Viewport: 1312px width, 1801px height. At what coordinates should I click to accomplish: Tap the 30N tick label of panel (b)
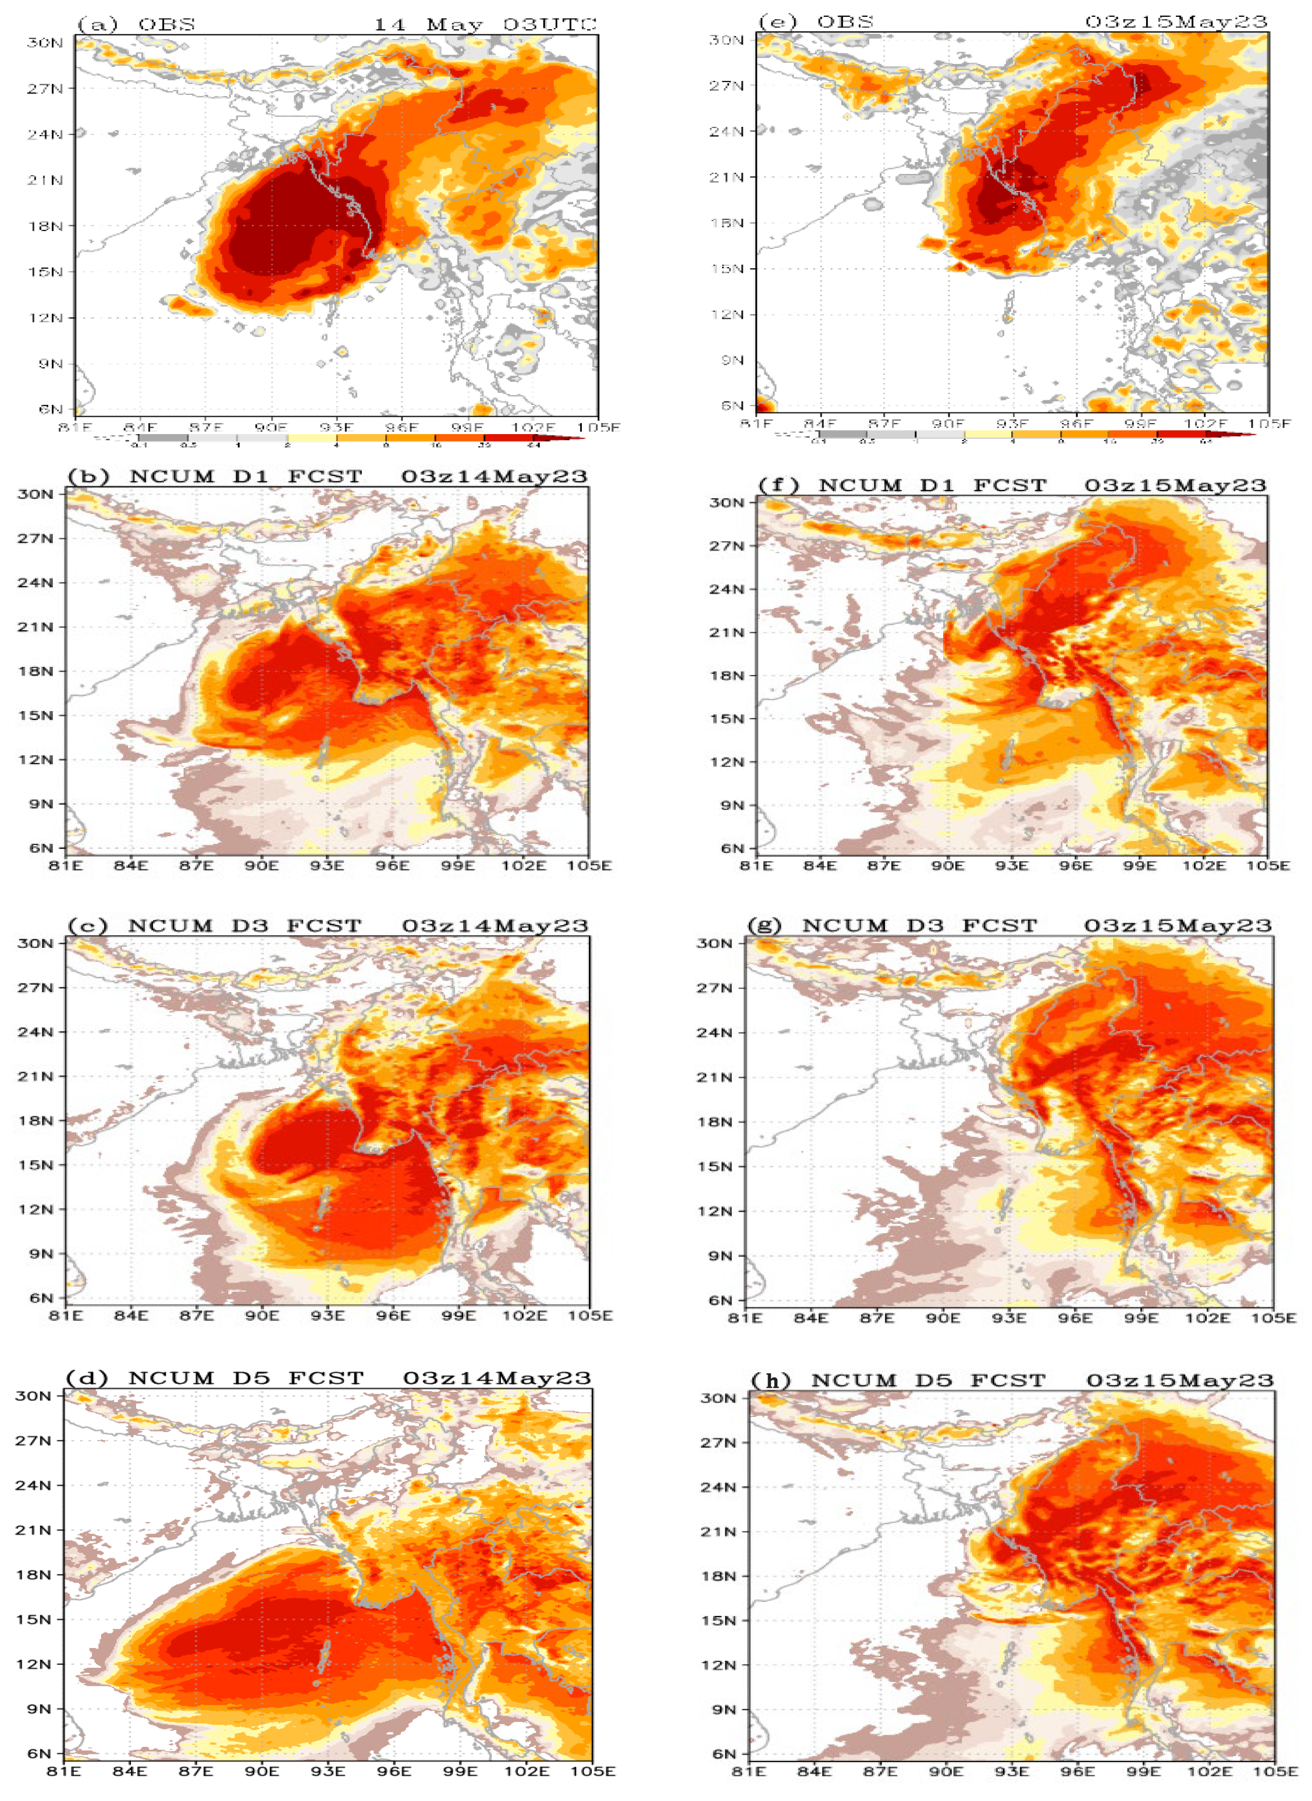tap(35, 494)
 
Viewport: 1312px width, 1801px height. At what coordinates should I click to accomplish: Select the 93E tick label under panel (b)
tap(326, 865)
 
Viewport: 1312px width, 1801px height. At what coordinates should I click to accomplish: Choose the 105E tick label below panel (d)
tap(592, 1771)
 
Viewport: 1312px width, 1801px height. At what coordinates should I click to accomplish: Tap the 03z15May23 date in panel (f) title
tap(1175, 484)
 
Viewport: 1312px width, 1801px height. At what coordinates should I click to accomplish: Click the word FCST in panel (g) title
tap(999, 926)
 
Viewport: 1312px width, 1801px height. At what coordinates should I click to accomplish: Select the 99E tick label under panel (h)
tap(1143, 1771)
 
